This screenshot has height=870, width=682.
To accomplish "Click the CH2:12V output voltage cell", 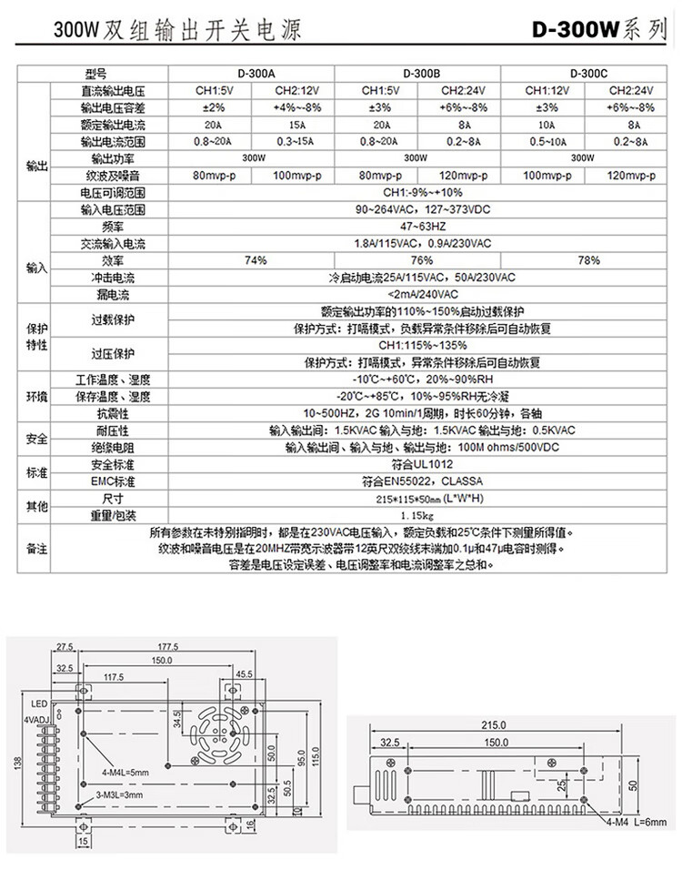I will point(296,91).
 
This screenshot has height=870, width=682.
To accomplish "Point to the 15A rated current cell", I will point(296,125).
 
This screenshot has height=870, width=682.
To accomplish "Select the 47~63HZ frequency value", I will point(421,227).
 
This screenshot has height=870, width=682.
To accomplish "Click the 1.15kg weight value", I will point(421,516).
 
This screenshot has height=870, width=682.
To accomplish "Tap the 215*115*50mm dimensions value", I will point(421,500).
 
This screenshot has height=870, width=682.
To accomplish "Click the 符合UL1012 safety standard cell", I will point(421,464).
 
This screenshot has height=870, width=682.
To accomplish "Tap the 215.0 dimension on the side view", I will point(493,725).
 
